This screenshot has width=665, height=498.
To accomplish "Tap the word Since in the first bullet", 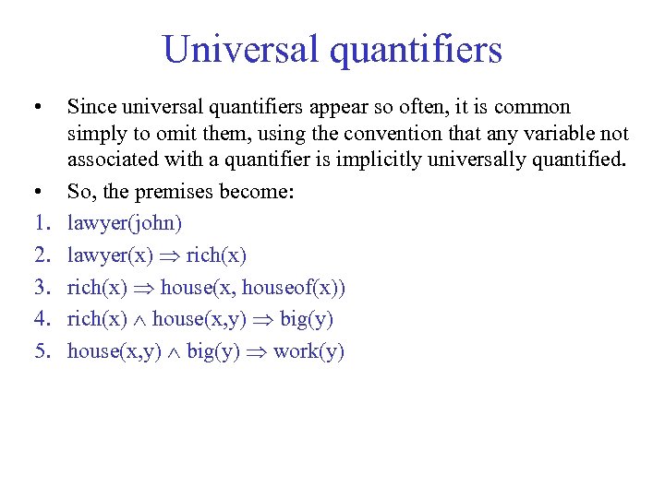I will point(91,108).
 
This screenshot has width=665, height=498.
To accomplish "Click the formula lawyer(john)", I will point(125,223).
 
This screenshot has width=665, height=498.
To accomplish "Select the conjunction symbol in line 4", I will point(139,320).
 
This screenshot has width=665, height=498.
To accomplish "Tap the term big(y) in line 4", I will point(306,320).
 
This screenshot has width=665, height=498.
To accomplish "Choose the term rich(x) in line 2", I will point(216,255).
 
